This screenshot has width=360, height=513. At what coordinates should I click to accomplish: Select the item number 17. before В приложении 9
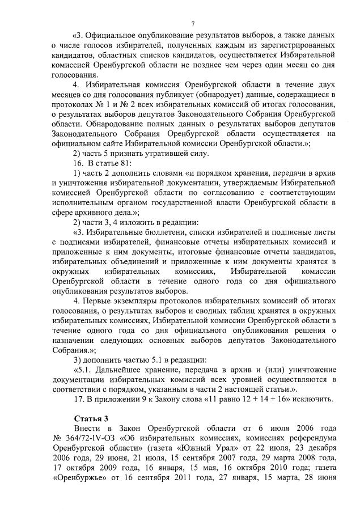coord(80,398)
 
